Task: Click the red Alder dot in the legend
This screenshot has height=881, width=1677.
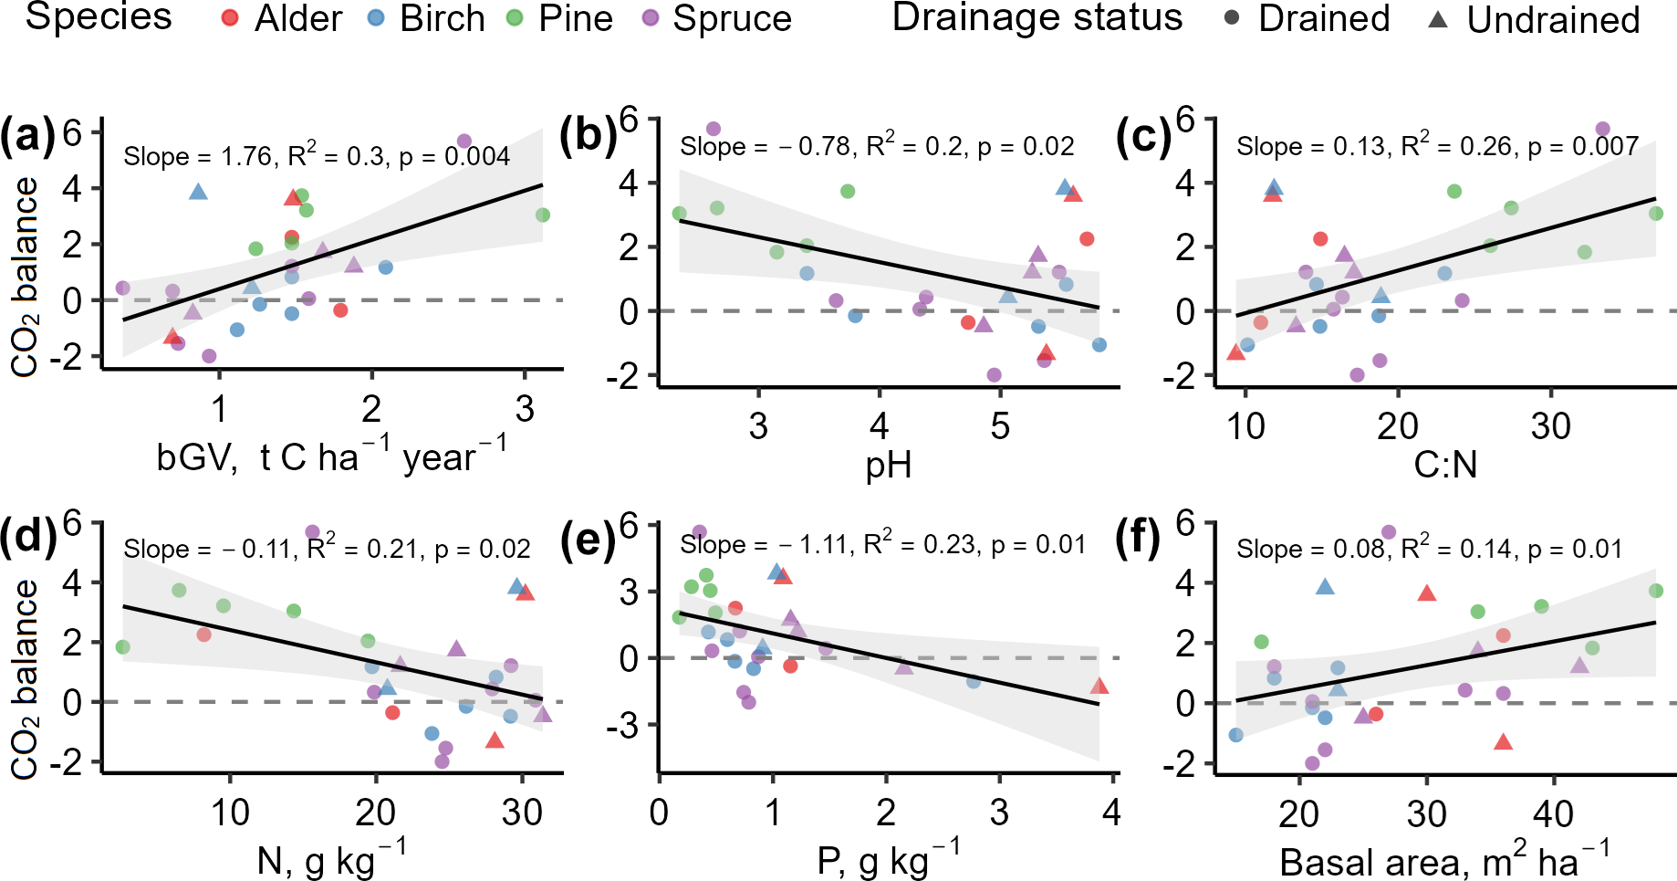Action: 230,17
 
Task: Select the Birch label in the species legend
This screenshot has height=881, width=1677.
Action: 442,18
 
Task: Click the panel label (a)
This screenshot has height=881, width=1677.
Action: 27,137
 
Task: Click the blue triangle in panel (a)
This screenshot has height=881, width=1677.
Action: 198,192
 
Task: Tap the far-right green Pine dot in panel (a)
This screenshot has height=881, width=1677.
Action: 543,215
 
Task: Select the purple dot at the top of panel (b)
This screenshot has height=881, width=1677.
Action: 714,129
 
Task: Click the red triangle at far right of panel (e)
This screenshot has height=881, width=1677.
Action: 1099,687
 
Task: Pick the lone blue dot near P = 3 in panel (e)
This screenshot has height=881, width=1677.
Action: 974,682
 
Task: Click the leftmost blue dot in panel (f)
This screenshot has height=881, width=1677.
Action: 1236,735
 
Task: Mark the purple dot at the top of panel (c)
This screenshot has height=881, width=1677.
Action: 1602,129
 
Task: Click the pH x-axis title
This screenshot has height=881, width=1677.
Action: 888,466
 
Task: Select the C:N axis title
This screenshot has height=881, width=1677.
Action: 1445,466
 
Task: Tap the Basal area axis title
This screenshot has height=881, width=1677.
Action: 1444,861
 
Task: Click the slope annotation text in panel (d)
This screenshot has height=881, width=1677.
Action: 327,548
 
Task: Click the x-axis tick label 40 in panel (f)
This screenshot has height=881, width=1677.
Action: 1553,813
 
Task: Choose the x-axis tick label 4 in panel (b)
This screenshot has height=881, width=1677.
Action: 879,426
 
